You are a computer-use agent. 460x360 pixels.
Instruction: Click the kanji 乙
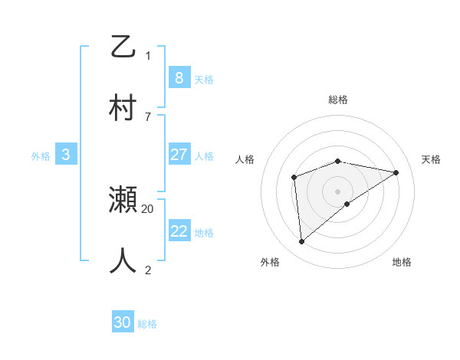pyautogui.click(x=123, y=47)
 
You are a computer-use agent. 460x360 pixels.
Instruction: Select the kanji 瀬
pyautogui.click(x=123, y=201)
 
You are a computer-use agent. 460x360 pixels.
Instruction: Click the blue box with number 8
pyautogui.click(x=179, y=77)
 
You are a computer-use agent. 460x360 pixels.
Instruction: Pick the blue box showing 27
pyautogui.click(x=179, y=155)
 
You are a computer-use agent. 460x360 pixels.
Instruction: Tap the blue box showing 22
pyautogui.click(x=179, y=231)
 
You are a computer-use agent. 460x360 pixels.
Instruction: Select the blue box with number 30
pyautogui.click(x=123, y=322)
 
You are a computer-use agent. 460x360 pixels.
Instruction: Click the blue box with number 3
pyautogui.click(x=66, y=155)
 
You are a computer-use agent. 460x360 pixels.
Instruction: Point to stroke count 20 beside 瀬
pyautogui.click(x=148, y=208)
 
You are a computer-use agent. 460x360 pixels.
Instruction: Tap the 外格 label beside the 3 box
pyautogui.click(x=41, y=155)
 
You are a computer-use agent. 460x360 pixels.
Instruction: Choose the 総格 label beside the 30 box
pyautogui.click(x=147, y=324)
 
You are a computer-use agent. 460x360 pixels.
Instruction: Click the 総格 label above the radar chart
pyautogui.click(x=338, y=100)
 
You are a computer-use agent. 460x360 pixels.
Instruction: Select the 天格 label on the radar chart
pyautogui.click(x=432, y=159)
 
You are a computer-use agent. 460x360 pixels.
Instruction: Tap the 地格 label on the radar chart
pyautogui.click(x=402, y=262)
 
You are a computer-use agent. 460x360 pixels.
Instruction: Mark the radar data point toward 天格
pyautogui.click(x=396, y=172)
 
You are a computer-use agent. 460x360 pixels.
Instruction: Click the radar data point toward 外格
pyautogui.click(x=302, y=241)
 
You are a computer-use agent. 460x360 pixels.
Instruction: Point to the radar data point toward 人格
pyautogui.click(x=294, y=178)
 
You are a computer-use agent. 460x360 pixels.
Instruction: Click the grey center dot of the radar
pyautogui.click(x=338, y=191)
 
